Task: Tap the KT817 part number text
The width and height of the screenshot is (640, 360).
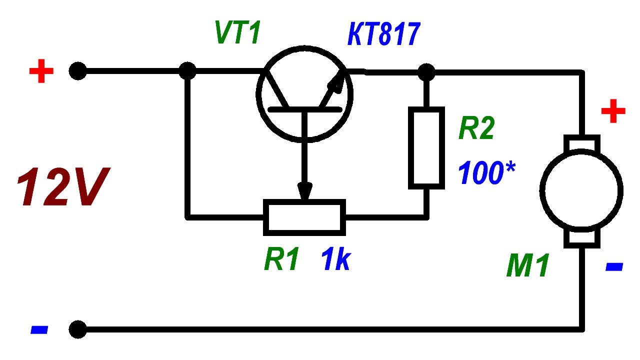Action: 384,36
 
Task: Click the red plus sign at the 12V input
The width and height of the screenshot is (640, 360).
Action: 41,72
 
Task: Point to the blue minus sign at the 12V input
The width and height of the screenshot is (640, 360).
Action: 39,330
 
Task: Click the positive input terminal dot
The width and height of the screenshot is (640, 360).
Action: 77,72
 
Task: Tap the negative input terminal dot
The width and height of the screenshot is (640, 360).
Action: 77,330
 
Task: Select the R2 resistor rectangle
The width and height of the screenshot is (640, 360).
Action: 426,147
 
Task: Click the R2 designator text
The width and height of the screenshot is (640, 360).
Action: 476,129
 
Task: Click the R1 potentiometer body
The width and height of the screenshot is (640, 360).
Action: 304,217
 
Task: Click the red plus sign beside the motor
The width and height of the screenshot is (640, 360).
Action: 613,112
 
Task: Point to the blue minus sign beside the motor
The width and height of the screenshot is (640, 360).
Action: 614,267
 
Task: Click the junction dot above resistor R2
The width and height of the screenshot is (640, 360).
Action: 426,72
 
